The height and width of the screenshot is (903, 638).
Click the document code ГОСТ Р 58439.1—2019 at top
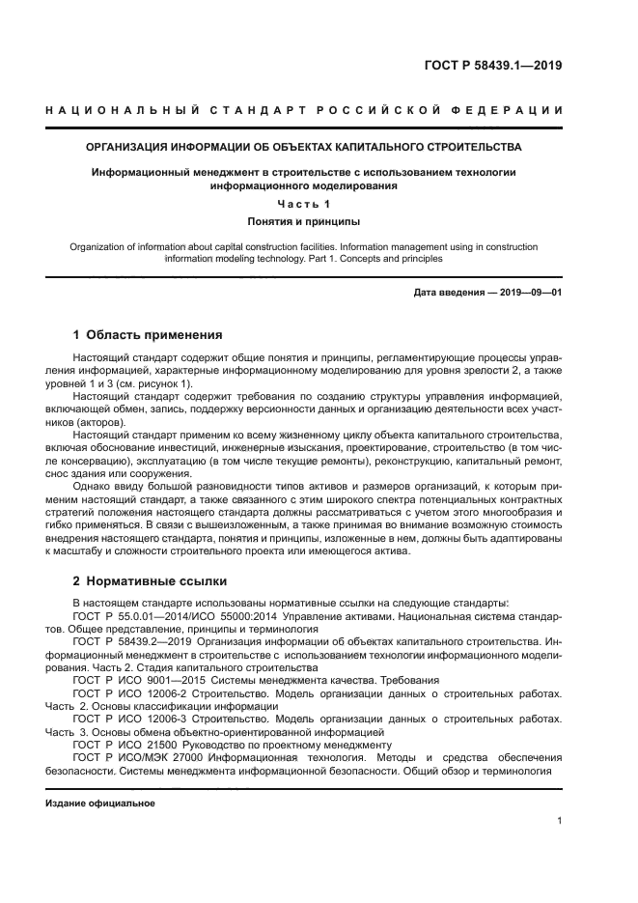pos(493,67)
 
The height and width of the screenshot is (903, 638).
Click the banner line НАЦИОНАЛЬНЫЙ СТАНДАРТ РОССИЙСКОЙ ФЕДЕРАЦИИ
pos(304,111)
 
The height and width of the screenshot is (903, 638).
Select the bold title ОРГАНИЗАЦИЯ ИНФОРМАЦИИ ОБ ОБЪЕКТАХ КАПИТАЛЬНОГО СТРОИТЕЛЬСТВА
pos(304,148)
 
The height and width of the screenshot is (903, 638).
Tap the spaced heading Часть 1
pos(304,204)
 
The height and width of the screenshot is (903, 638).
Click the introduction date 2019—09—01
pos(526,291)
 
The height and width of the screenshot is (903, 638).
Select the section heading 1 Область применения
pos(148,335)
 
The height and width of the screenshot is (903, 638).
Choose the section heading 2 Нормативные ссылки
pos(150,582)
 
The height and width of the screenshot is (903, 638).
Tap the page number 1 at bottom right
pos(560,821)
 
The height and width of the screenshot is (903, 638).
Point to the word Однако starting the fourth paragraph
pos(96,487)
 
